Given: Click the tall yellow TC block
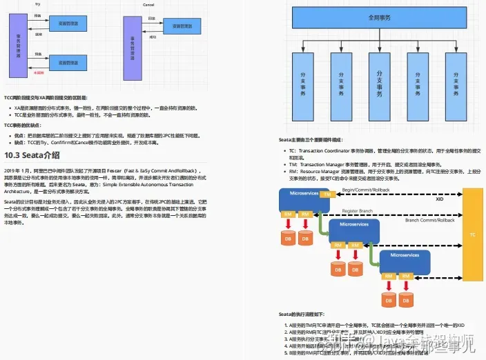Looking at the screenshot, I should (x=472, y=234).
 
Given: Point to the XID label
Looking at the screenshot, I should (x=438, y=199).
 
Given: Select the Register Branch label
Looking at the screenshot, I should (x=358, y=211).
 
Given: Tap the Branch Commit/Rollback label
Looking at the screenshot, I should (x=429, y=220).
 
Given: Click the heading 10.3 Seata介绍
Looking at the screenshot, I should (x=32, y=155).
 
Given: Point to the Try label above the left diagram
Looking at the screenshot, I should (x=37, y=4).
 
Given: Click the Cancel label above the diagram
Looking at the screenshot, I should (x=148, y=4).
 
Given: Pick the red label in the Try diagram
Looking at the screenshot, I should (x=39, y=71).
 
